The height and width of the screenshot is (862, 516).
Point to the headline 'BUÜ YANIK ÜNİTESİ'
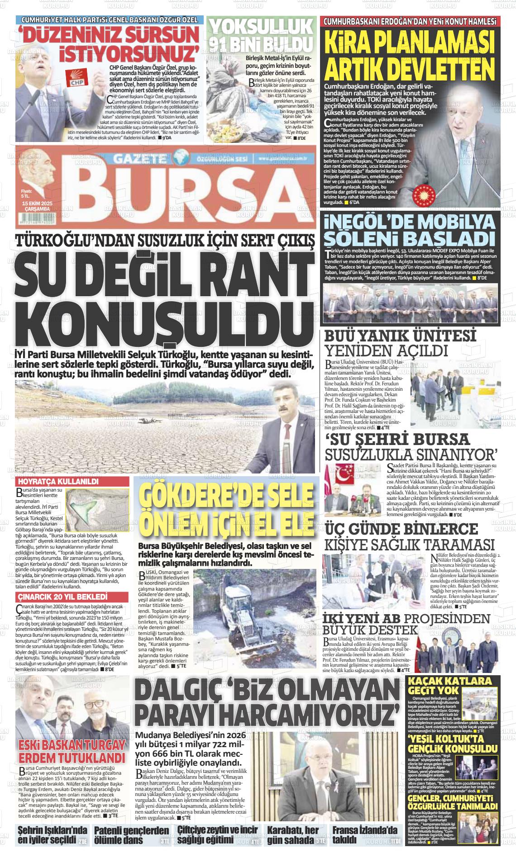click(401, 336)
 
